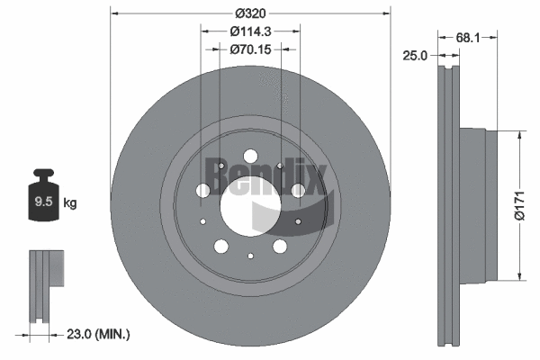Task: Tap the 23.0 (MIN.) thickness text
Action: point(99,334)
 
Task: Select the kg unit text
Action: point(70,203)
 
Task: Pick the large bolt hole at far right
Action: point(298,190)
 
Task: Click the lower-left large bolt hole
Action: point(220,246)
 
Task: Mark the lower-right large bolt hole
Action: point(280,246)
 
